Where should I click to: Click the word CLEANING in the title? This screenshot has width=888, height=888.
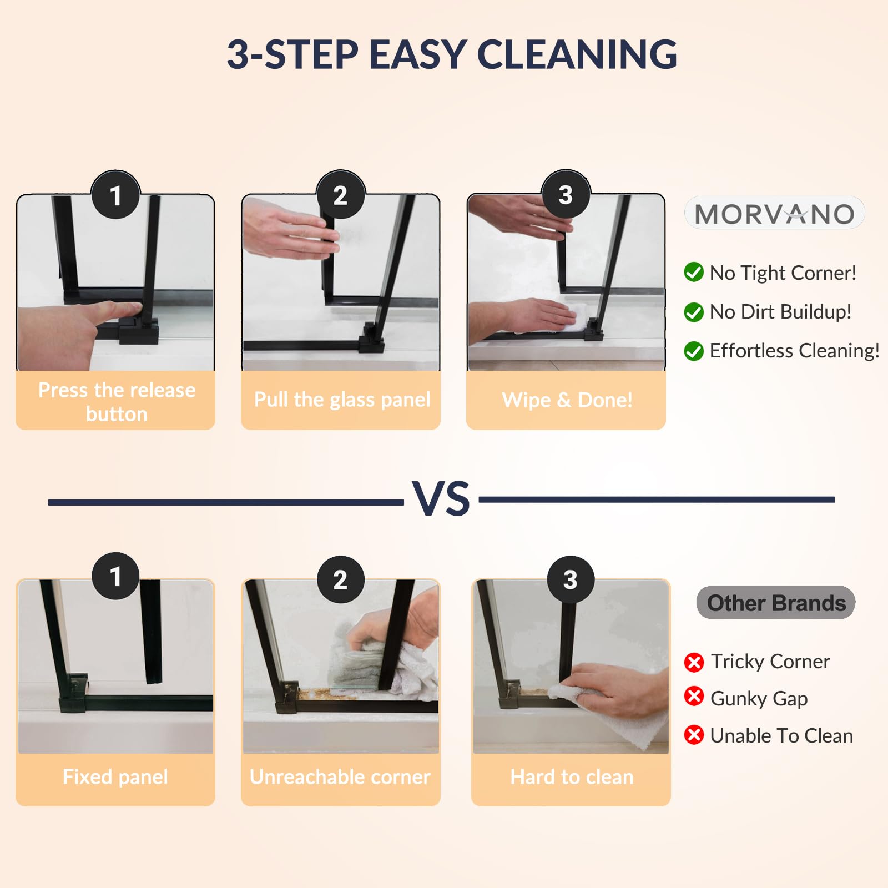point(577,54)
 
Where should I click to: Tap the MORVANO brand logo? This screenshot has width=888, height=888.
point(775,213)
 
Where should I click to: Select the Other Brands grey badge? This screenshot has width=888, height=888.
point(776,603)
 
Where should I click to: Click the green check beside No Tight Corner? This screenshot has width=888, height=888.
point(694,273)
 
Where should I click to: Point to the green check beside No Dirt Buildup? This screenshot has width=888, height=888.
point(694,312)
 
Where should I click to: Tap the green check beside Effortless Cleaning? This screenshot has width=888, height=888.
point(694,351)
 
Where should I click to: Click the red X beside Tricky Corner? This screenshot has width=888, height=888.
point(694,662)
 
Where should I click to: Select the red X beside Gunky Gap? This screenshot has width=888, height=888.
point(694,696)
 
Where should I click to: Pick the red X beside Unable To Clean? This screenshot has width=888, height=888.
point(694,735)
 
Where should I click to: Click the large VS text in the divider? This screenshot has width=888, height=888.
point(441,498)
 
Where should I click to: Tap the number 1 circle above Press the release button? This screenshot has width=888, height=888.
point(115,195)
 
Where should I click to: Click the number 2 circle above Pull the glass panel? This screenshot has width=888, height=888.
point(341,195)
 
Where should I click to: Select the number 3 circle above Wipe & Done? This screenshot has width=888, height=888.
point(566,194)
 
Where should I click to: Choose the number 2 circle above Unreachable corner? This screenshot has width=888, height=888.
point(341,579)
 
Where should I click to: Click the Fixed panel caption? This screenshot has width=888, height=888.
point(115,776)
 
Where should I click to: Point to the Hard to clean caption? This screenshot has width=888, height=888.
point(572,776)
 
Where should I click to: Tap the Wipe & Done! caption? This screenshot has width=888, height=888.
point(567,400)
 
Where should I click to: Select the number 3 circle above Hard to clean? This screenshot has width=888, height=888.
point(571,579)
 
